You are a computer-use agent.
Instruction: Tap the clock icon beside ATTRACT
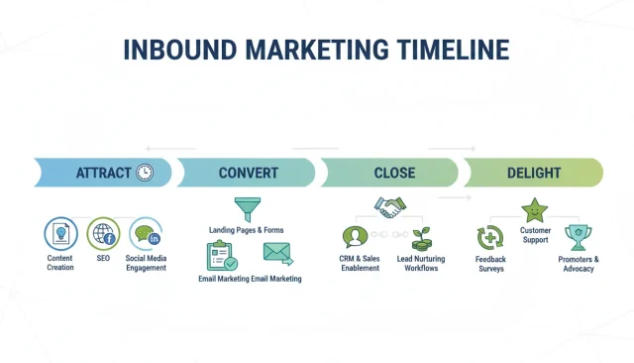145,173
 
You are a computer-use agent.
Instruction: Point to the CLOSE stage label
394,174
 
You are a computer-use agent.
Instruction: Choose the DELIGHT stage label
533,174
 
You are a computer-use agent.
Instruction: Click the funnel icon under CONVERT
246,208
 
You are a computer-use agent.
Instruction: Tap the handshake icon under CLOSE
387,207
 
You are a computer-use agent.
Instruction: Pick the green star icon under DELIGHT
535,209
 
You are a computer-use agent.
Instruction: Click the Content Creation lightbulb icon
60,235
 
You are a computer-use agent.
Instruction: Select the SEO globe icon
103,235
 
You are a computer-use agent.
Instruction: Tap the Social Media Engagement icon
146,235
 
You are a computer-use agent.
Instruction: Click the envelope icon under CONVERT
276,254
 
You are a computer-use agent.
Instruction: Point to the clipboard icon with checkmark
220,256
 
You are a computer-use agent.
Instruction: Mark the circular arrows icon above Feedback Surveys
490,239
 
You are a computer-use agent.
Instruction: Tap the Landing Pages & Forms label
246,230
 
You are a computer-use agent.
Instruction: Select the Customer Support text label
535,235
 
